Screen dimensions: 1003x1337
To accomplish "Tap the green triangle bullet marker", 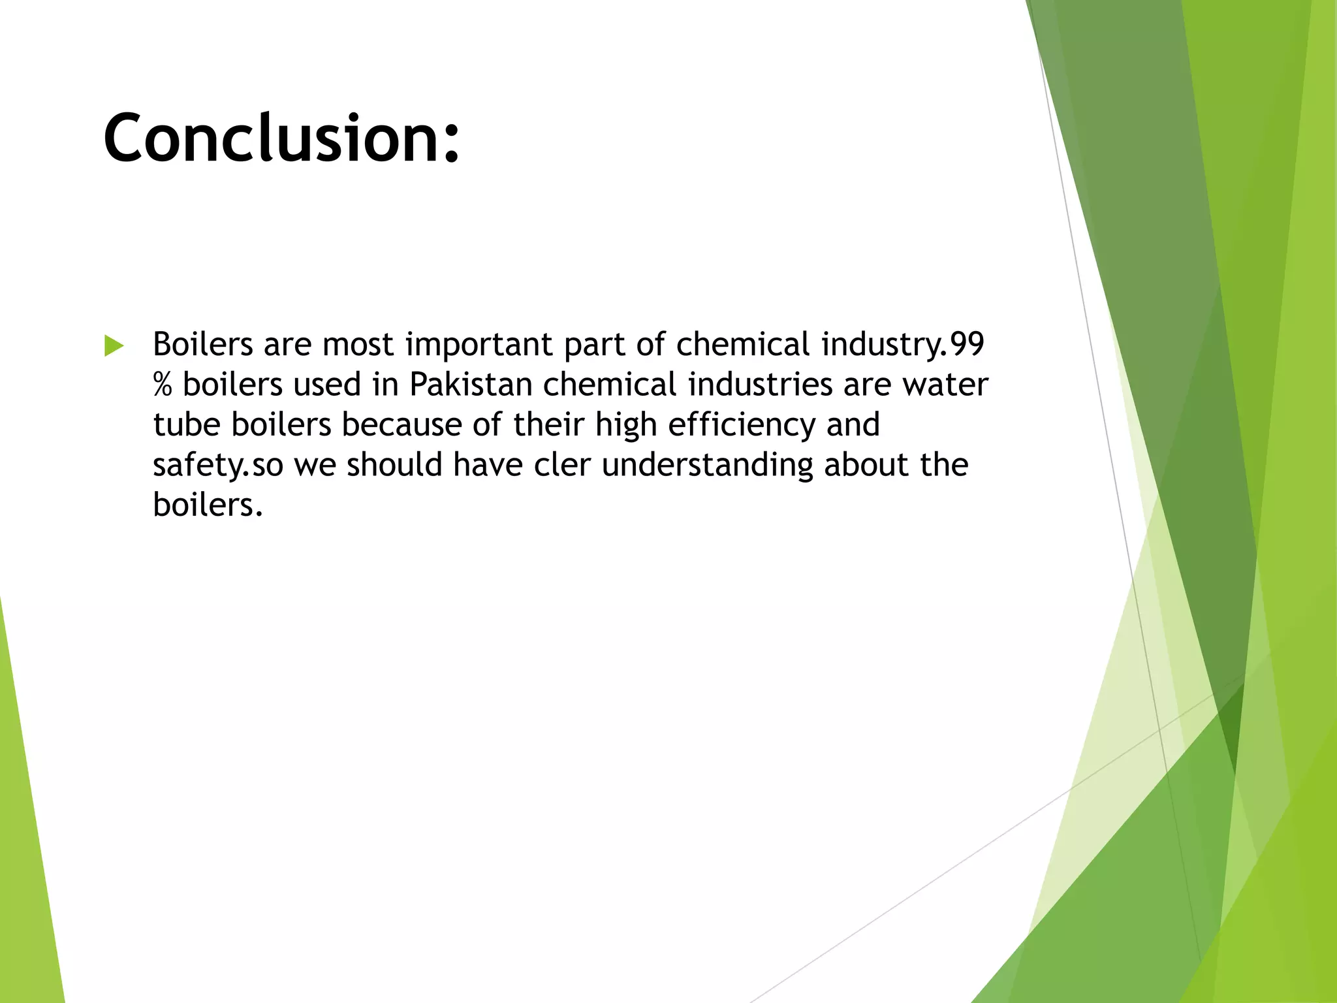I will pyautogui.click(x=114, y=345).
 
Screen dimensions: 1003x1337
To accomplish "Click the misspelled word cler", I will pyautogui.click(x=562, y=464).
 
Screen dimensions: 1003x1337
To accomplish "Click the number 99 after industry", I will pyautogui.click(x=967, y=344).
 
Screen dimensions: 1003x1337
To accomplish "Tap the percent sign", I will pyautogui.click(x=163, y=385).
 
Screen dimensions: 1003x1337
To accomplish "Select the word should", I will pyautogui.click(x=394, y=464).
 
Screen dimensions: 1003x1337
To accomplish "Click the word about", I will pyautogui.click(x=866, y=464).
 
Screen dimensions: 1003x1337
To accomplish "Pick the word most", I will pyautogui.click(x=358, y=345).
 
